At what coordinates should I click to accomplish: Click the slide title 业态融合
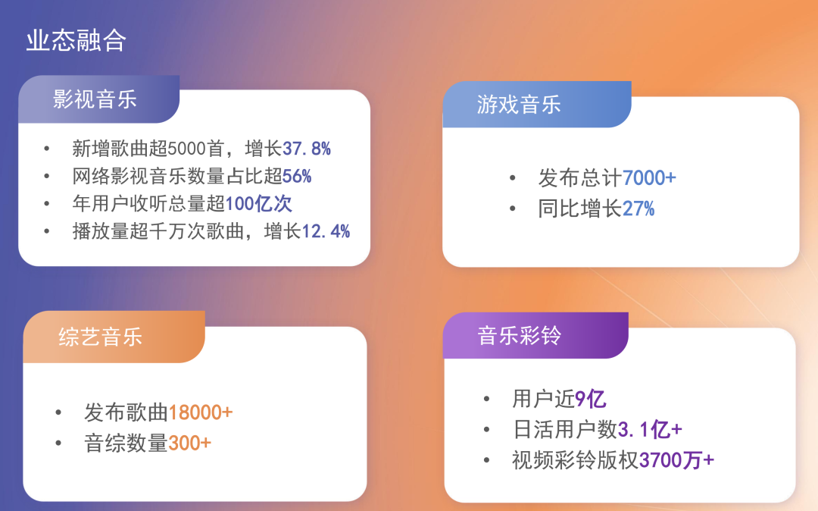(x=76, y=41)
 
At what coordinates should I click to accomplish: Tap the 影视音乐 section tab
(x=95, y=99)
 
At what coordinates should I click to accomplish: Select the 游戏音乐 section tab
(x=520, y=105)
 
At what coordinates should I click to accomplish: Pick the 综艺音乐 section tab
(x=101, y=337)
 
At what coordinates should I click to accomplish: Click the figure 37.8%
(x=307, y=149)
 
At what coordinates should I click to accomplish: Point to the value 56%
(x=297, y=177)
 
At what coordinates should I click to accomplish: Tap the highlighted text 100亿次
(x=259, y=204)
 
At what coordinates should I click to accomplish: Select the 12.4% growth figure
(x=326, y=232)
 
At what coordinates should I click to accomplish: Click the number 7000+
(x=649, y=178)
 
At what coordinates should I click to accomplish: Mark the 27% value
(x=638, y=208)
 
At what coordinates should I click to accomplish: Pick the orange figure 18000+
(x=200, y=413)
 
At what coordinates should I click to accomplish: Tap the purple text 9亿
(x=591, y=399)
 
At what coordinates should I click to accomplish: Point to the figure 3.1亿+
(x=650, y=430)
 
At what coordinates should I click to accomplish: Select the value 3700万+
(x=676, y=460)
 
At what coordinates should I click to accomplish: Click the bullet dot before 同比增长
(x=514, y=208)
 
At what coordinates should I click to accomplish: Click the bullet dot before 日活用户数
(x=487, y=430)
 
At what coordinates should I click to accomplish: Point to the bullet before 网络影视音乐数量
(x=48, y=177)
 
